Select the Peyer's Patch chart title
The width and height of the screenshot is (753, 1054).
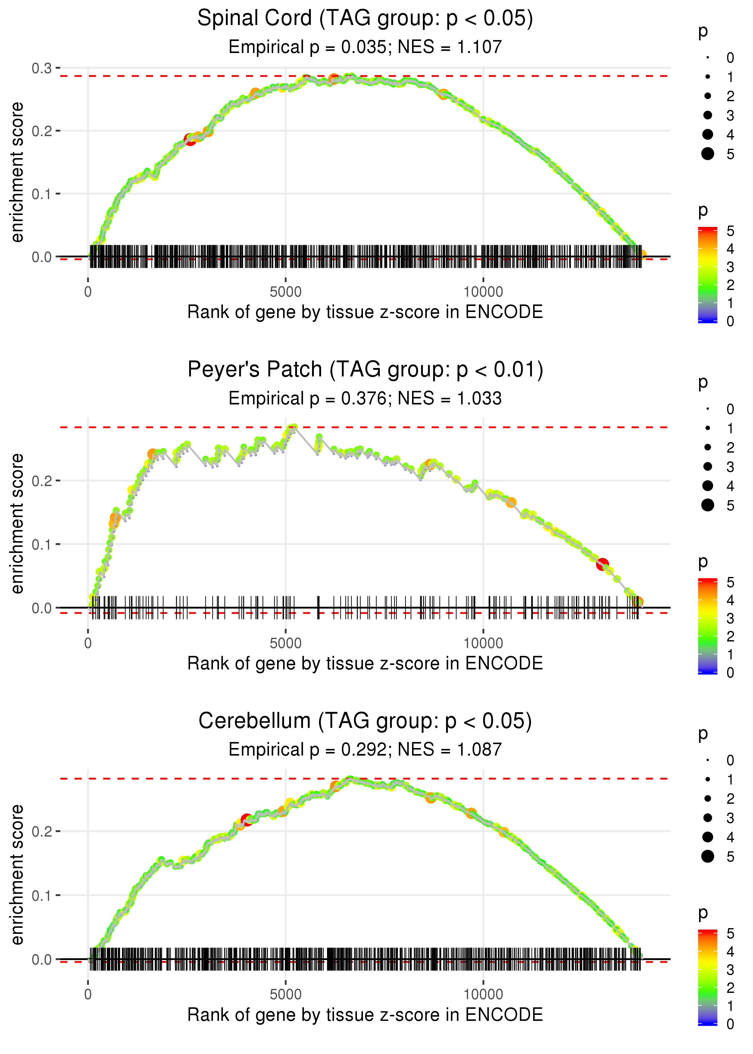(365, 370)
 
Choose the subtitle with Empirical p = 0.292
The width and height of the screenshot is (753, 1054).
(365, 750)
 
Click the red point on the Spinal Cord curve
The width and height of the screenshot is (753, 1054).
(190, 139)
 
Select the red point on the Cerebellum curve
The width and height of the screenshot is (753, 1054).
(247, 819)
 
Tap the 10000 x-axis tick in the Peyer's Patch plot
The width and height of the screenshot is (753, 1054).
(483, 643)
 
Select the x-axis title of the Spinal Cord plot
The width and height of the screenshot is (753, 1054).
(365, 312)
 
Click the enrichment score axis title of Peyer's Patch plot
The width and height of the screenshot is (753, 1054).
(17, 524)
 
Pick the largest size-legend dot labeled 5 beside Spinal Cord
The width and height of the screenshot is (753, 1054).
(708, 153)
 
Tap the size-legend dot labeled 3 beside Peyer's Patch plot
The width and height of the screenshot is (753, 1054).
(708, 466)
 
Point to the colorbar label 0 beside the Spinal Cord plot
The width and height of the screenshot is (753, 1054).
(730, 321)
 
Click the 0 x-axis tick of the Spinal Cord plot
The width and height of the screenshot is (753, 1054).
(88, 292)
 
